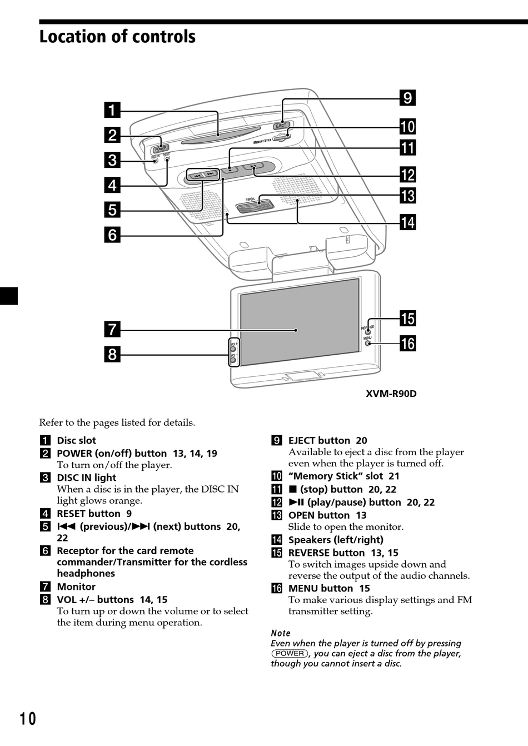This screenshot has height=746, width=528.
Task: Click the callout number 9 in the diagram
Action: (408, 98)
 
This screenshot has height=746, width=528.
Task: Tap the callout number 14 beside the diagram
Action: (408, 222)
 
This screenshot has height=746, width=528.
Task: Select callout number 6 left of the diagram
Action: (112, 235)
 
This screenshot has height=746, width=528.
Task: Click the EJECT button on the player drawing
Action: (281, 126)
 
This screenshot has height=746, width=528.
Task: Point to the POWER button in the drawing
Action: (161, 148)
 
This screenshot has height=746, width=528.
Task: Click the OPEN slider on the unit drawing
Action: (255, 207)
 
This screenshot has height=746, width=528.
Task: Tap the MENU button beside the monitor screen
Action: (368, 344)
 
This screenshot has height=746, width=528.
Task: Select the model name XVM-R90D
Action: (391, 394)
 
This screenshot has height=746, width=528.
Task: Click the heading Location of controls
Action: (117, 37)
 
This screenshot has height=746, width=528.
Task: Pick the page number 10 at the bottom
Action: (28, 719)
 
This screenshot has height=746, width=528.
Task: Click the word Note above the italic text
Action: (281, 633)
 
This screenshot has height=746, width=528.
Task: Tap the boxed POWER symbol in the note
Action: (290, 654)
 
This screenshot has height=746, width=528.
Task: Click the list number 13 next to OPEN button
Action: (277, 515)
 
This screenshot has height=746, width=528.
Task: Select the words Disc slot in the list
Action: (77, 440)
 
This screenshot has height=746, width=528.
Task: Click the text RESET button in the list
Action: (88, 514)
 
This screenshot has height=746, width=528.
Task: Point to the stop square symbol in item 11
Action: (293, 489)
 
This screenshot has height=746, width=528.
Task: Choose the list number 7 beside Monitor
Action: (45, 586)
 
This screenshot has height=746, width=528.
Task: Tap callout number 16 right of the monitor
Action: (408, 344)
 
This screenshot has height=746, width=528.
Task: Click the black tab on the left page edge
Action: (9, 296)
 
